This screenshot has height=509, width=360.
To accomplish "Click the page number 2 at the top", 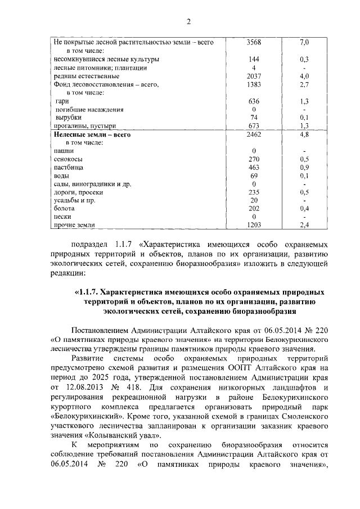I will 188,22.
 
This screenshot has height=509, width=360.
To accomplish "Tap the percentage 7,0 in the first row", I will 304,42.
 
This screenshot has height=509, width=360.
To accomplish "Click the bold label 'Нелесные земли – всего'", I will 92,135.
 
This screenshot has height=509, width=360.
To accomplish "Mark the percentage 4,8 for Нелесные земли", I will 304,135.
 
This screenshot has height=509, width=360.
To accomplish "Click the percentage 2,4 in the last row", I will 304,225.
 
